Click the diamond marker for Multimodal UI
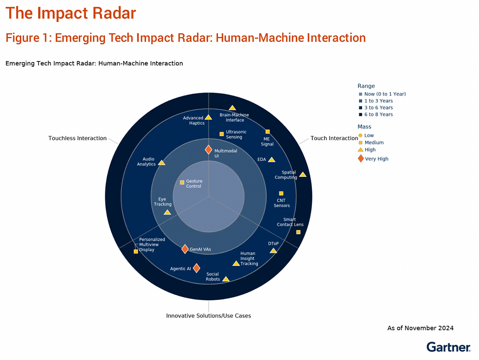pos(208,150)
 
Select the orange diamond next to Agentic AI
pos(196,268)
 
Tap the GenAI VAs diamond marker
pos(185,249)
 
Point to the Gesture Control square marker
pos(182,183)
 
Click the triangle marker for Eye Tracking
pos(167,212)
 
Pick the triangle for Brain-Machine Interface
pos(232,108)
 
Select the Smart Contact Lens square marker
pos(299,232)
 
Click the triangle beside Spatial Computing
pos(303,174)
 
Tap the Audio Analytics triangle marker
pos(162,163)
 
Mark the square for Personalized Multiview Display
pos(136,251)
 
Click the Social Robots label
pos(213,276)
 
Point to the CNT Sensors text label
pos(282,203)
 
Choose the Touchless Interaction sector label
pos(78,138)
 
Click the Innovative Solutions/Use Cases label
pos(209,316)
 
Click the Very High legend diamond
pos(361,158)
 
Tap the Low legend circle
pos(361,135)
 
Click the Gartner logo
pos(449,347)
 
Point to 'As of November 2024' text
pos(420,328)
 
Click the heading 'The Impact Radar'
pos(70,13)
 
